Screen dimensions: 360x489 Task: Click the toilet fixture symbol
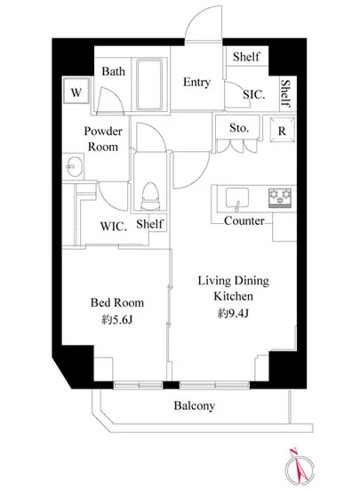tap(150, 196)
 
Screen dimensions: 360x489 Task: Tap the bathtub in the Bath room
tap(149, 84)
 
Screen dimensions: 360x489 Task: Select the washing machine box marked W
tap(76, 91)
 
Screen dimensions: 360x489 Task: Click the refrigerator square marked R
tap(282, 130)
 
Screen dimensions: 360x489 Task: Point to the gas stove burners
tap(280, 197)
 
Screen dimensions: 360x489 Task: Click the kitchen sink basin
tap(237, 197)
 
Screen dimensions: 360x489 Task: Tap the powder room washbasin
tap(74, 166)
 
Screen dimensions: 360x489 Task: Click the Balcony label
tap(195, 405)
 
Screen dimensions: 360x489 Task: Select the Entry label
tap(196, 83)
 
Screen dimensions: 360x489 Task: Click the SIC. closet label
tap(254, 94)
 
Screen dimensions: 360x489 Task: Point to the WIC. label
tap(114, 227)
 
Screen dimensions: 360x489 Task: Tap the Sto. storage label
tap(239, 128)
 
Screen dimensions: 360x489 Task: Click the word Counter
tap(244, 220)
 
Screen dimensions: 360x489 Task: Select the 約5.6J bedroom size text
tap(117, 320)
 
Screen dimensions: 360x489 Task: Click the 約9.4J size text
tap(233, 313)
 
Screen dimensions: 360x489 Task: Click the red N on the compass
tap(293, 452)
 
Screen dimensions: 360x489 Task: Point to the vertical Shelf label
tap(285, 93)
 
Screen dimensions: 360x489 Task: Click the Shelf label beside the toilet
tap(149, 223)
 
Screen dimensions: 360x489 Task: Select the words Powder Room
tap(103, 139)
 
